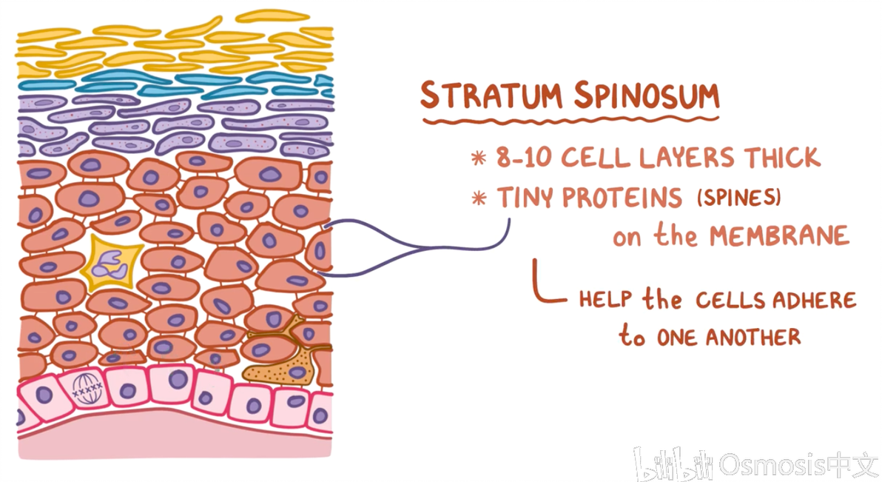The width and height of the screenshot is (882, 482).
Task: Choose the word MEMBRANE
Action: pos(778,236)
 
